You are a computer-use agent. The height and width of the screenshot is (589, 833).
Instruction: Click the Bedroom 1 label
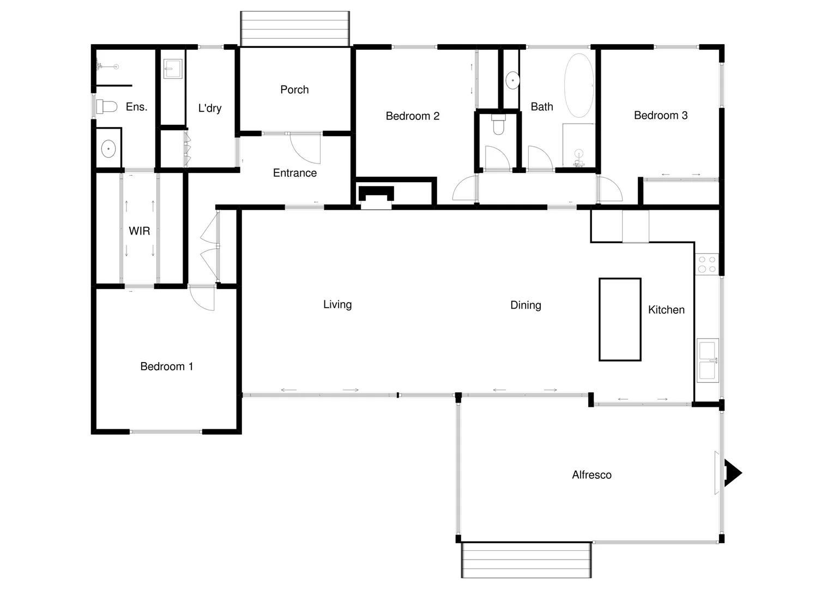(x=166, y=366)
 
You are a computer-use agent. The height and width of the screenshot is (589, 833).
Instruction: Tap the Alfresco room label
(x=591, y=475)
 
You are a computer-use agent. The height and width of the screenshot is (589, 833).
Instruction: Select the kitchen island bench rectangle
(x=620, y=320)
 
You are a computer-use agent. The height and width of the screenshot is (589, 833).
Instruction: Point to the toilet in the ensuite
(x=107, y=106)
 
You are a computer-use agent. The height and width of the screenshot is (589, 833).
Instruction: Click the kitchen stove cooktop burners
(x=707, y=265)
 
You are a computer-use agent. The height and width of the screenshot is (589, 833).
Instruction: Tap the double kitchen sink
(x=708, y=360)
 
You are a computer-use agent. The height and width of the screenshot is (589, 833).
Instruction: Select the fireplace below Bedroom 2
(x=376, y=197)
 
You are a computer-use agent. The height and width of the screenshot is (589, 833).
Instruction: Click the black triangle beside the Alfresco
(x=732, y=473)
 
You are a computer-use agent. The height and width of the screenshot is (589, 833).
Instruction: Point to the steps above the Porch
(x=294, y=29)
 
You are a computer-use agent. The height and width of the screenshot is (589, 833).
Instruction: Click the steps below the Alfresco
(x=526, y=560)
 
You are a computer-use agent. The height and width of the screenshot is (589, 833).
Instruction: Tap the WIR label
(x=139, y=231)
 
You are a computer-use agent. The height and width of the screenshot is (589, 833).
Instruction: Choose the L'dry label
(x=210, y=108)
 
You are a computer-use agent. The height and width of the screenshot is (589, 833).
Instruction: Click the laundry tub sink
(x=173, y=69)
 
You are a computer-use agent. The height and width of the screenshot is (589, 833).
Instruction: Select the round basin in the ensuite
(x=108, y=148)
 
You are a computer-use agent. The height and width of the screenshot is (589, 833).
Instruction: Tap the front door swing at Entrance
(x=304, y=148)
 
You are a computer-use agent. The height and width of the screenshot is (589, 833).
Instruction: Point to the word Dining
(x=526, y=305)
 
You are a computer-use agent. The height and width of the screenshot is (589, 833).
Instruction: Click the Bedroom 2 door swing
(x=464, y=189)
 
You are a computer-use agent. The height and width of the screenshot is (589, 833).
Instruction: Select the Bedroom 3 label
(x=660, y=116)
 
